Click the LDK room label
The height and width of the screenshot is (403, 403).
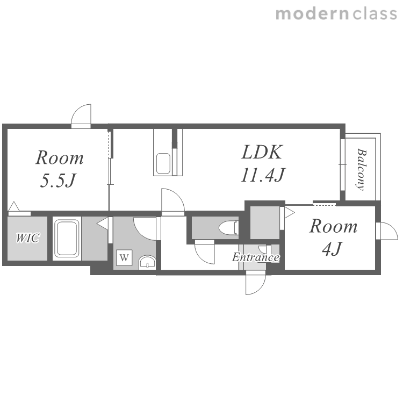pyautogui.click(x=262, y=152)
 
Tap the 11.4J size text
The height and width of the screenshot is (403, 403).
pyautogui.click(x=263, y=175)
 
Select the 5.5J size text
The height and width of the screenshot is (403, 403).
pyautogui.click(x=59, y=180)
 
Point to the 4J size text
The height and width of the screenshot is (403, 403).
pyautogui.click(x=332, y=249)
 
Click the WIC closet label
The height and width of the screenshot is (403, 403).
pyautogui.click(x=28, y=238)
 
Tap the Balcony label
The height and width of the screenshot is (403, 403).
pyautogui.click(x=362, y=170)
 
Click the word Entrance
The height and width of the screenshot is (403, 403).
pyautogui.click(x=256, y=257)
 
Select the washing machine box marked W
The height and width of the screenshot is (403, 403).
pyautogui.click(x=124, y=257)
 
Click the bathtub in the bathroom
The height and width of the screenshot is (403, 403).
pyautogui.click(x=67, y=238)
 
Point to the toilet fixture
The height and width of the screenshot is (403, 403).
pyautogui.click(x=229, y=227)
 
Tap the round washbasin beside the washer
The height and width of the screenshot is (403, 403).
pyautogui.click(x=147, y=262)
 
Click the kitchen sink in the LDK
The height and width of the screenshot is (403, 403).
pyautogui.click(x=163, y=164)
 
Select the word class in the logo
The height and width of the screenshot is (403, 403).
pyautogui.click(x=375, y=14)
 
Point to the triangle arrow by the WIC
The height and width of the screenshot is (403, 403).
pyautogui.click(x=13, y=206)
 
